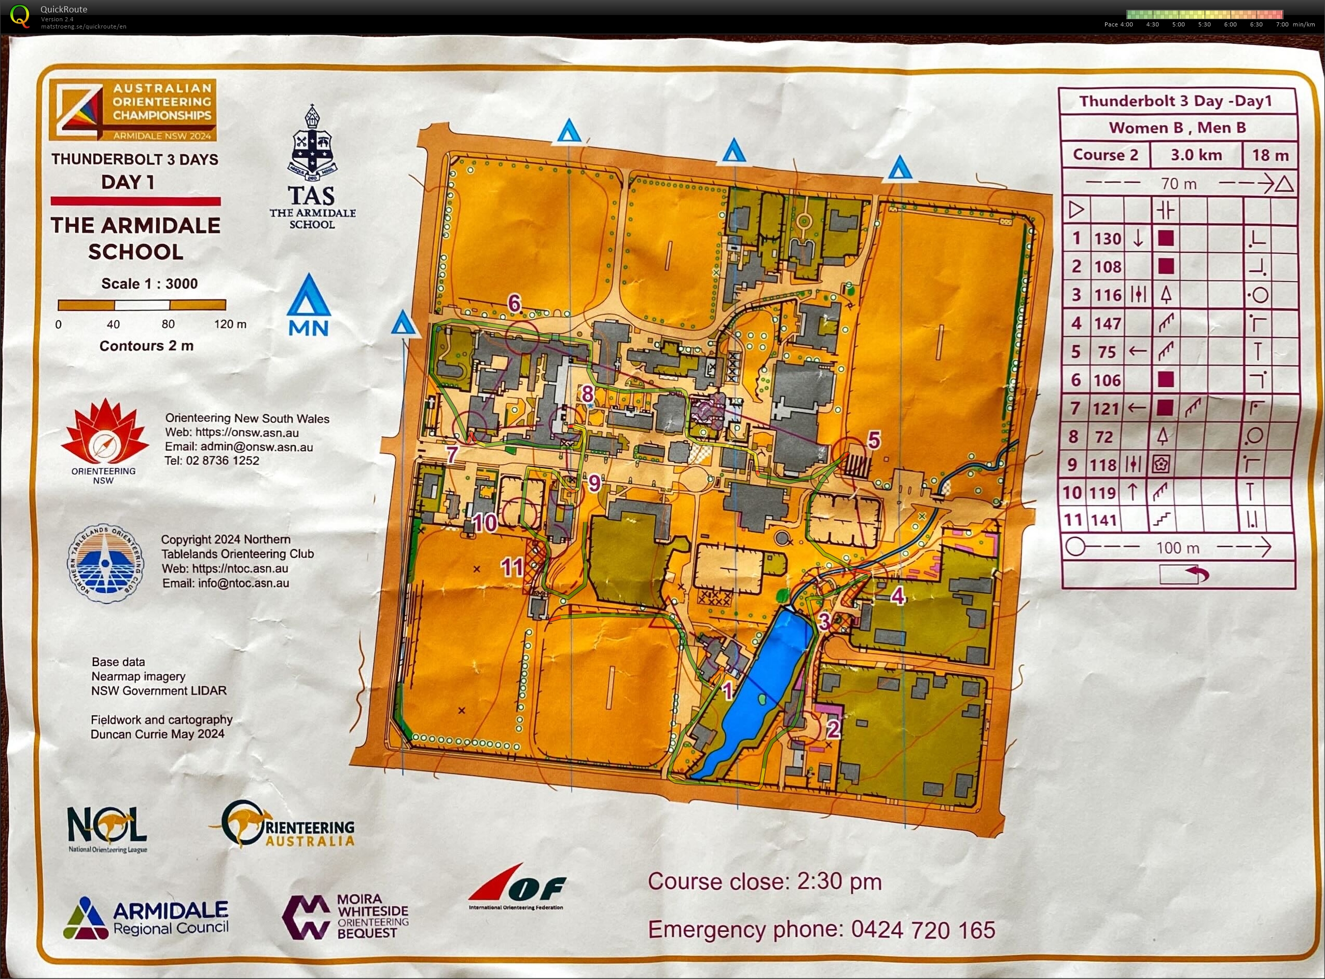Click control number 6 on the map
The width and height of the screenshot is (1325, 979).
(515, 304)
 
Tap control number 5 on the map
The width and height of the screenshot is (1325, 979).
(874, 440)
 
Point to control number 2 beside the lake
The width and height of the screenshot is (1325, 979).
(833, 729)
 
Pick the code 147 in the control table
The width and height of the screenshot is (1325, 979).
(1107, 323)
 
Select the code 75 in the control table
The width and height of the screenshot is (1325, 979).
(1107, 352)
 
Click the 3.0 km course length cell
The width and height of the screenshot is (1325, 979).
(1196, 155)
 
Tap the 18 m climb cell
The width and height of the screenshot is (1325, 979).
(1270, 155)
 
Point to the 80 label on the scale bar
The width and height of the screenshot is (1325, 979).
(168, 324)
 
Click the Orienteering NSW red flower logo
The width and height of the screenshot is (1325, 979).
(104, 432)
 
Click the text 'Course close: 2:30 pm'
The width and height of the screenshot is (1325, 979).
(764, 882)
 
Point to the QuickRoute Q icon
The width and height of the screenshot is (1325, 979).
(20, 16)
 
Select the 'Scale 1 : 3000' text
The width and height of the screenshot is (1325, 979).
(149, 284)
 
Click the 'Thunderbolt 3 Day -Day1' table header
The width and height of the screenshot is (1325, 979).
(1175, 101)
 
